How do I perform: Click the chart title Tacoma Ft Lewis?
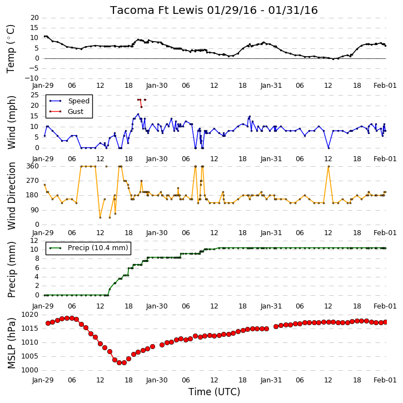pyautogui.click(x=157, y=10)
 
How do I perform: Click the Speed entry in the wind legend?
pyautogui.click(x=78, y=101)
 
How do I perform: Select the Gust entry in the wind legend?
pyautogui.click(x=75, y=112)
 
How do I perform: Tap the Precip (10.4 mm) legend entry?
pyautogui.click(x=98, y=248)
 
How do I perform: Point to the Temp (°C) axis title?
pyautogui.click(x=11, y=49)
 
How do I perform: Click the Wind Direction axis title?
pyautogui.click(x=12, y=196)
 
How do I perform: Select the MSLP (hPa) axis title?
pyautogui.click(x=11, y=343)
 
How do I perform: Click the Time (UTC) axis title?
pyautogui.click(x=214, y=392)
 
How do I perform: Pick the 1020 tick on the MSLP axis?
pyautogui.click(x=30, y=315)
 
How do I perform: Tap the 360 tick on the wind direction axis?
pyautogui.click(x=33, y=166)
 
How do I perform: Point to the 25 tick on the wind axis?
pyautogui.click(x=34, y=95)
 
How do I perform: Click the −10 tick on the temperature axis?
pyautogui.click(x=32, y=78)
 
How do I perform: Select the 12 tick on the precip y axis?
pyautogui.click(x=34, y=241)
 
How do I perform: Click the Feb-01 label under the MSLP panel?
pyautogui.click(x=385, y=380)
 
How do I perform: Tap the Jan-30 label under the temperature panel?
pyautogui.click(x=157, y=86)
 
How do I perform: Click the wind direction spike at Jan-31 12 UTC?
pyautogui.click(x=329, y=167)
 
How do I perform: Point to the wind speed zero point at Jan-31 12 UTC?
pyautogui.click(x=329, y=148)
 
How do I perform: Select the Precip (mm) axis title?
pyautogui.click(x=12, y=270)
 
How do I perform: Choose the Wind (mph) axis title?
pyautogui.click(x=12, y=122)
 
